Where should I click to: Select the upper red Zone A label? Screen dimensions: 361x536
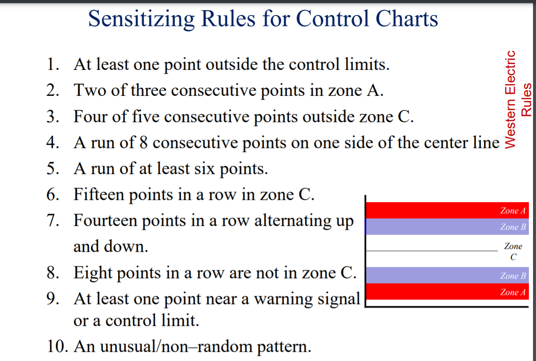[512, 211]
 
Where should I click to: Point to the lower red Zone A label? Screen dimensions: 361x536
[512, 292]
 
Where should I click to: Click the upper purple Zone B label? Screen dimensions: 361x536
[512, 227]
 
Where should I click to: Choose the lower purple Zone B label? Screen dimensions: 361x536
[512, 276]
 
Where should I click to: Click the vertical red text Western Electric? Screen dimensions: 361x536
[511, 99]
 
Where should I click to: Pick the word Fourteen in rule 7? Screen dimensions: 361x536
[104, 220]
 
